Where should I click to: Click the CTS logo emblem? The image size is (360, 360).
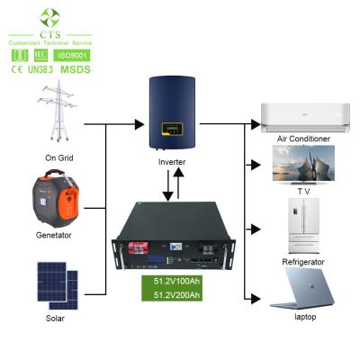49,15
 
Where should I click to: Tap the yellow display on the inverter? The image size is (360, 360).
170,134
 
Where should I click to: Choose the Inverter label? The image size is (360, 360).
172,162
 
